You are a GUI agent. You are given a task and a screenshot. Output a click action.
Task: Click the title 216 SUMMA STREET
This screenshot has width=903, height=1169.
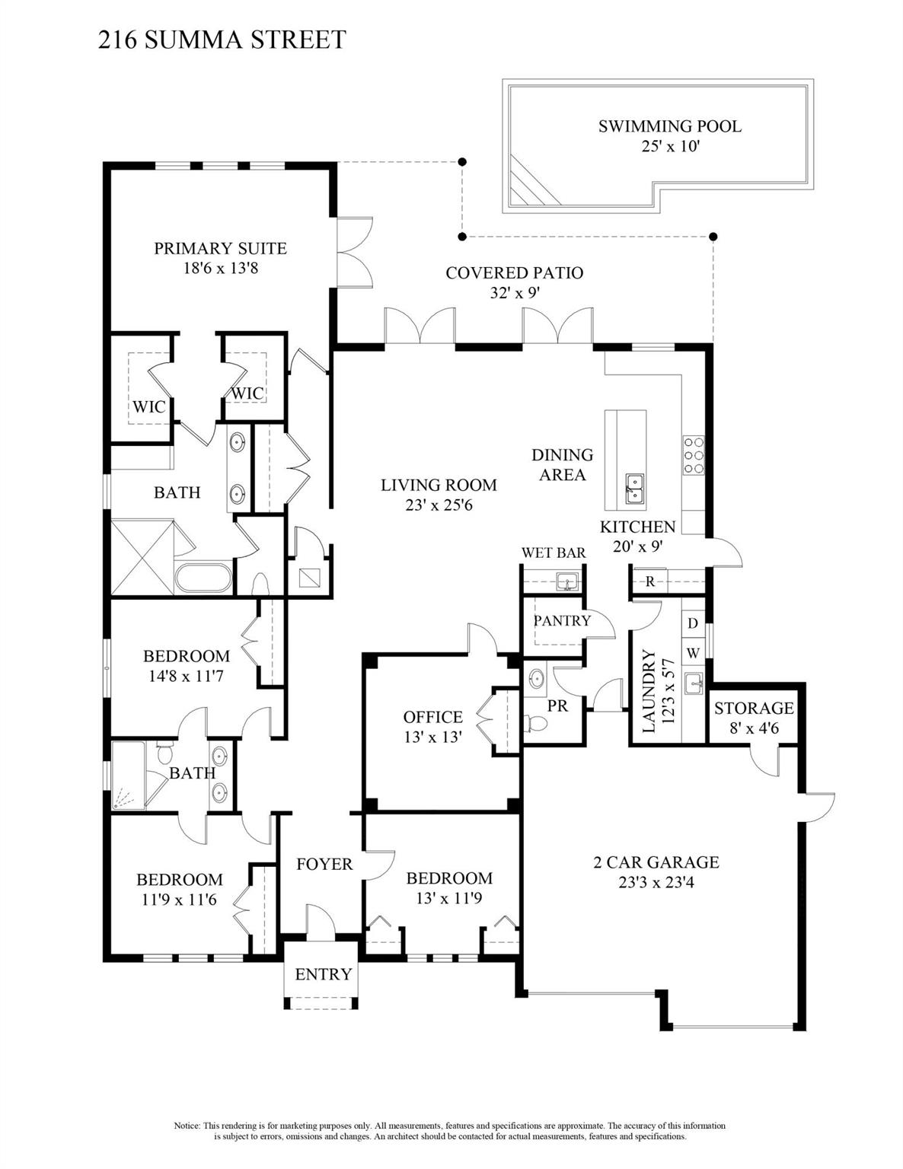[x=222, y=39]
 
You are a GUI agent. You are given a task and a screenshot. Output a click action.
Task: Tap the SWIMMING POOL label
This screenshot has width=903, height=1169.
[x=669, y=126]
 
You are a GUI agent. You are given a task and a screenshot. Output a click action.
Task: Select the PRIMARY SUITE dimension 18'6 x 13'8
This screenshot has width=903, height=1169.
[x=220, y=268]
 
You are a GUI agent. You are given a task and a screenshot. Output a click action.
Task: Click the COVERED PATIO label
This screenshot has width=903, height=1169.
[x=514, y=272]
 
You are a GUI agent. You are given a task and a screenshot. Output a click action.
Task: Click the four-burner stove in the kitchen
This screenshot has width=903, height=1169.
[x=693, y=454]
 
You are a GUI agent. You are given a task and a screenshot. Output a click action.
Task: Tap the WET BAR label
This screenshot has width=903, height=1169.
[x=553, y=553]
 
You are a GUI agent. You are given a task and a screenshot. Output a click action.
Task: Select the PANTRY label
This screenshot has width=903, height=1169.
[x=562, y=620]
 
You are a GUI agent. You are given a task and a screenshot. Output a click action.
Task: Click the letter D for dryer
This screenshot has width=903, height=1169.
[x=693, y=623]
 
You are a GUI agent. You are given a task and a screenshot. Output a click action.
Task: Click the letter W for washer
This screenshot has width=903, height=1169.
[x=693, y=653]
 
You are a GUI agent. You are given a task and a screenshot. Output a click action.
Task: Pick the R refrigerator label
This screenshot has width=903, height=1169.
[x=650, y=582]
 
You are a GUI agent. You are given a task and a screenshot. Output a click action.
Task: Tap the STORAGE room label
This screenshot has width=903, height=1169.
[x=753, y=709]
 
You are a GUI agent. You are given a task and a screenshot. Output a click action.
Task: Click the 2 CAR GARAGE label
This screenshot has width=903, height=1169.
[x=656, y=862]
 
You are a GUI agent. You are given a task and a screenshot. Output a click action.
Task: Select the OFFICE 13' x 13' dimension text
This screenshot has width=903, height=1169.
[x=432, y=737]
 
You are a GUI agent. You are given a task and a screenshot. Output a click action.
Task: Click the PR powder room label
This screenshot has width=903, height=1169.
[x=557, y=706]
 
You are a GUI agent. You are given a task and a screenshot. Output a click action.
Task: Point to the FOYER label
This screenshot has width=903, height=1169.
[x=324, y=864]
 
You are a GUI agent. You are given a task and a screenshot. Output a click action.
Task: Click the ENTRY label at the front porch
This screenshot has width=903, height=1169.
[x=323, y=974]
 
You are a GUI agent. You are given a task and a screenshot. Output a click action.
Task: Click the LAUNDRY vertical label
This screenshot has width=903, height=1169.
[x=649, y=691]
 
